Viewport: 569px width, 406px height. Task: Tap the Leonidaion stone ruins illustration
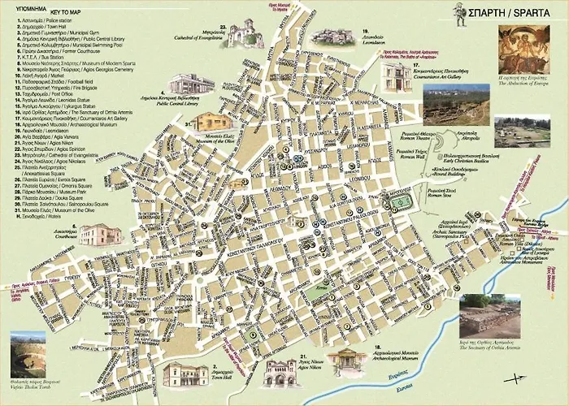pyautogui.click(x=332, y=37)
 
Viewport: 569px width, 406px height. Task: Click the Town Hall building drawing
pyautogui.click(x=185, y=374)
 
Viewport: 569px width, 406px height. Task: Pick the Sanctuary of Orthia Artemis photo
pyautogui.click(x=489, y=315)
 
